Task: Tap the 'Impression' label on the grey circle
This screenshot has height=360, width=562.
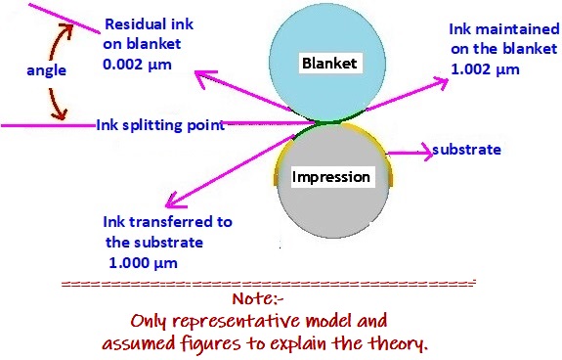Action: pos(331,177)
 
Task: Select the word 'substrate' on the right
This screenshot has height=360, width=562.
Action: pos(466,150)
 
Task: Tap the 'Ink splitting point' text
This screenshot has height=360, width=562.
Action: pos(161,125)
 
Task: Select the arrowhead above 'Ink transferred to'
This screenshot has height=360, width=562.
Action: pos(168,203)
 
